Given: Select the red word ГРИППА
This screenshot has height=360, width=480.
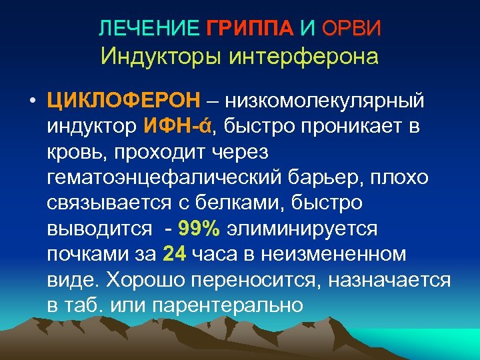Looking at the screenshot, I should tap(249, 28).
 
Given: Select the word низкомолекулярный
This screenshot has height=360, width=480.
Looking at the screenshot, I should tap(324, 101).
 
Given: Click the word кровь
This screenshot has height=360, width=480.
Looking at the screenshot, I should tap(79, 152).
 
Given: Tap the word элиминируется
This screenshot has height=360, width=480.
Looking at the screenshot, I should tap(302, 229).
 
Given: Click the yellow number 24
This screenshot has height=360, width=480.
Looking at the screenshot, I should tap(173, 254).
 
